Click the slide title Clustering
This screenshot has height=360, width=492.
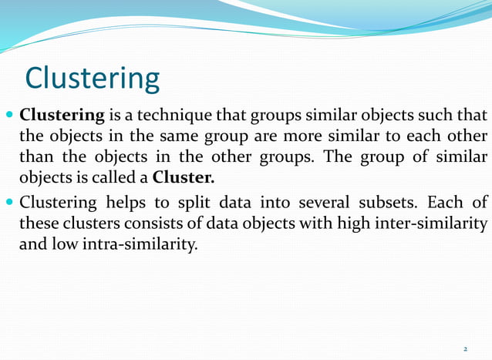click(x=93, y=79)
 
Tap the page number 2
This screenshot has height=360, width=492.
click(x=465, y=349)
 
